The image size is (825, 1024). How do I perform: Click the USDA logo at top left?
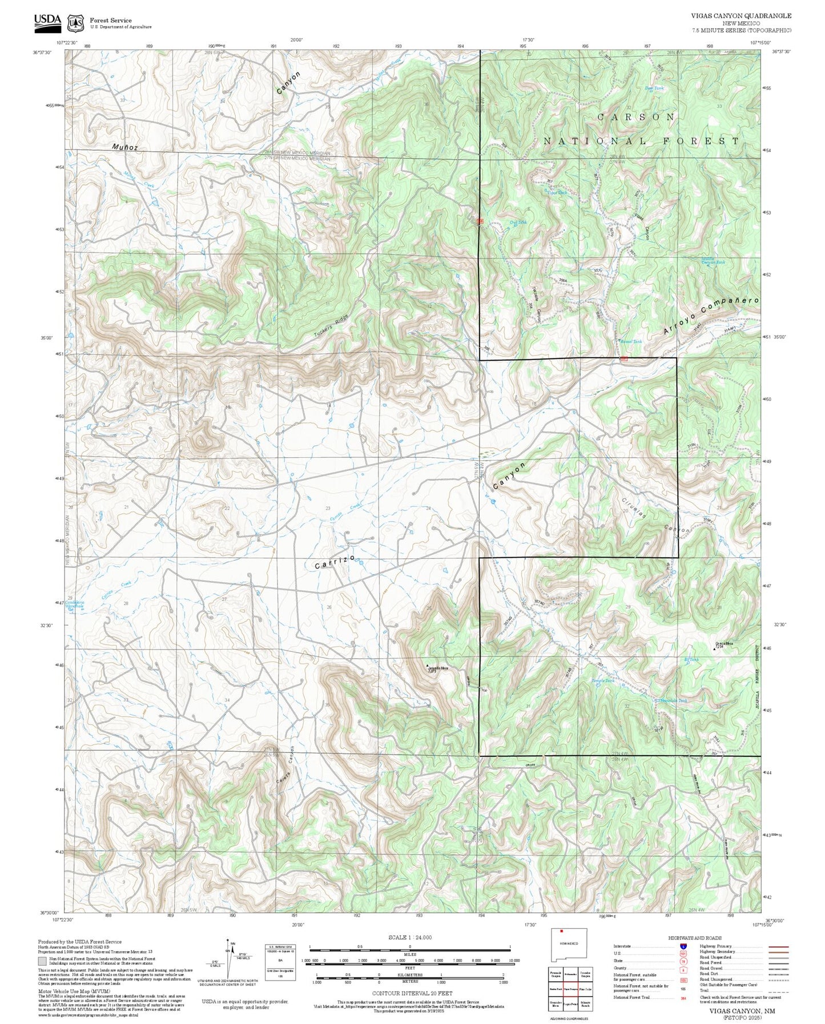coord(47,21)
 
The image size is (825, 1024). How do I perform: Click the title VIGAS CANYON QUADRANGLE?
coord(742,16)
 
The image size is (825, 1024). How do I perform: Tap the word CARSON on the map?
coord(636,117)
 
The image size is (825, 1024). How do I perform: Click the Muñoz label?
coord(124,147)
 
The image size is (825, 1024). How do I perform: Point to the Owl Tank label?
coord(517,223)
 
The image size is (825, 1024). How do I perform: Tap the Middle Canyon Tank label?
coord(713,260)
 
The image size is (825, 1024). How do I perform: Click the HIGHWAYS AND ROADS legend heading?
coord(695,938)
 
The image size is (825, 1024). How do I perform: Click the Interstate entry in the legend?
coord(622,946)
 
